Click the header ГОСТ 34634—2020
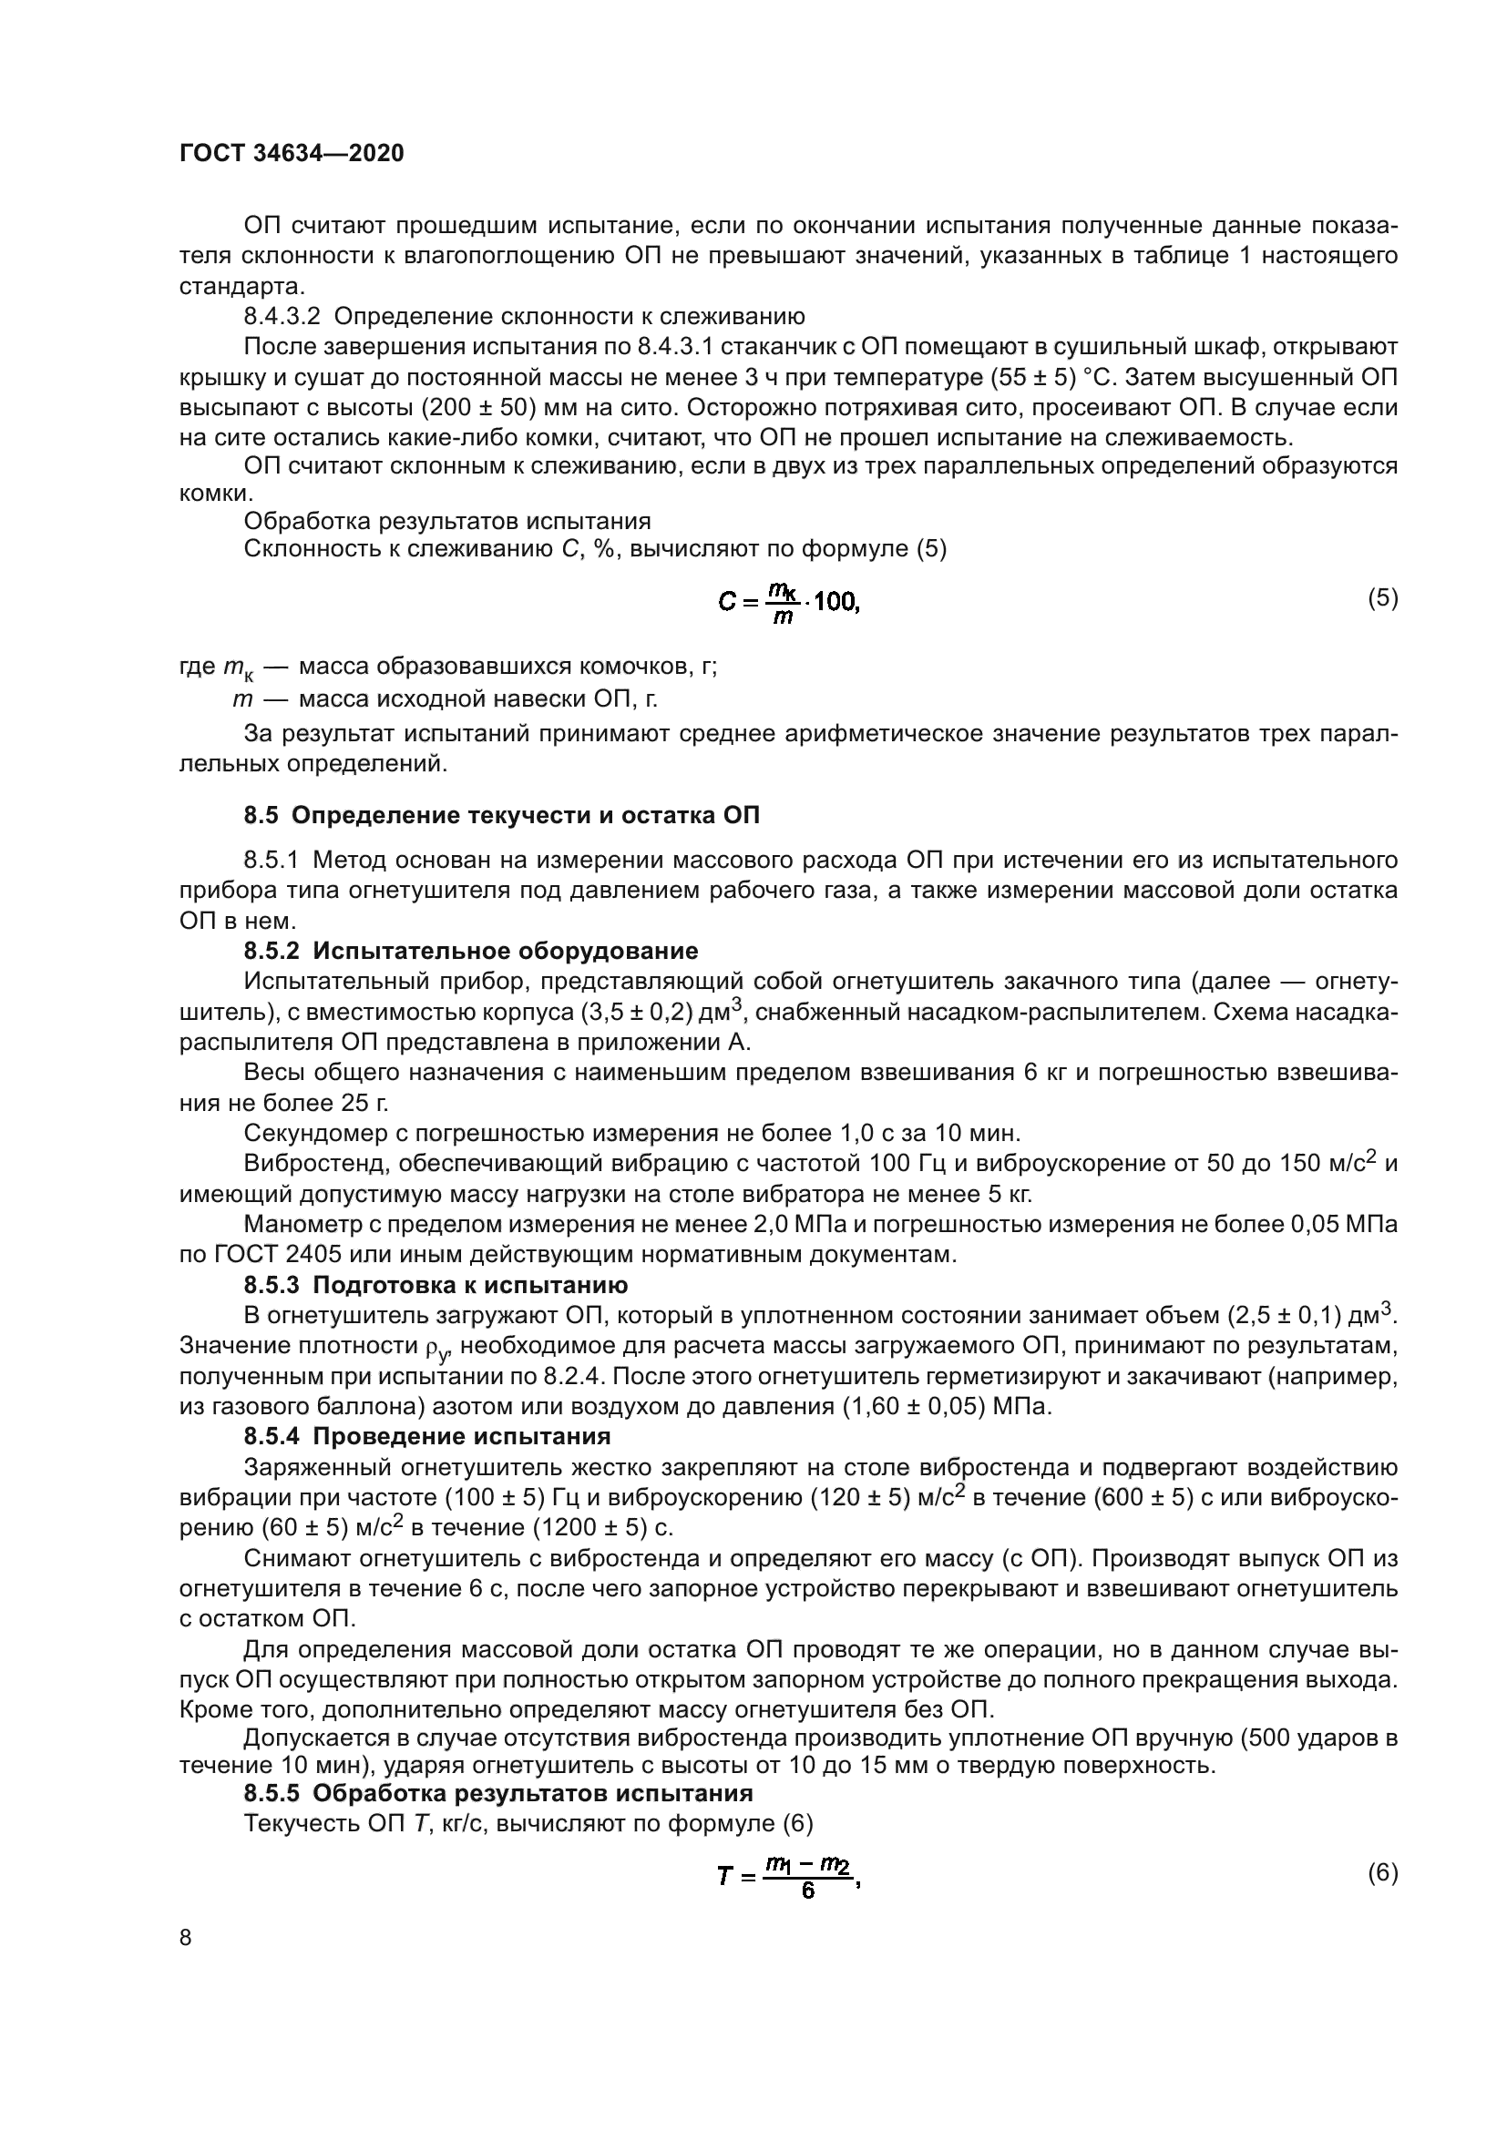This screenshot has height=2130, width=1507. [x=292, y=154]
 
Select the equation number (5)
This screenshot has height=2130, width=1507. [x=1383, y=597]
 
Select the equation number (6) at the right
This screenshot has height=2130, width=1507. [x=1383, y=1872]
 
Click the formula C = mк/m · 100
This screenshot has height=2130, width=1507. [x=789, y=602]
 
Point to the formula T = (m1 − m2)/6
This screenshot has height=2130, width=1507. [x=789, y=1876]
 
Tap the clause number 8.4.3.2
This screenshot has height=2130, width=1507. [x=282, y=316]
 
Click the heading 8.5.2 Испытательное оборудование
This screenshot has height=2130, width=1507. [x=470, y=950]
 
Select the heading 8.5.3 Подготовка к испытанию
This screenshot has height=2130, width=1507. [x=436, y=1285]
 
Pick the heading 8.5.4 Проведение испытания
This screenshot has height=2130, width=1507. [x=426, y=1436]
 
